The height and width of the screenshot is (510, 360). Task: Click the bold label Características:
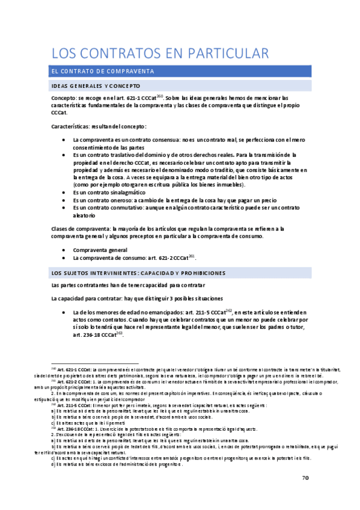pos(73,126)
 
